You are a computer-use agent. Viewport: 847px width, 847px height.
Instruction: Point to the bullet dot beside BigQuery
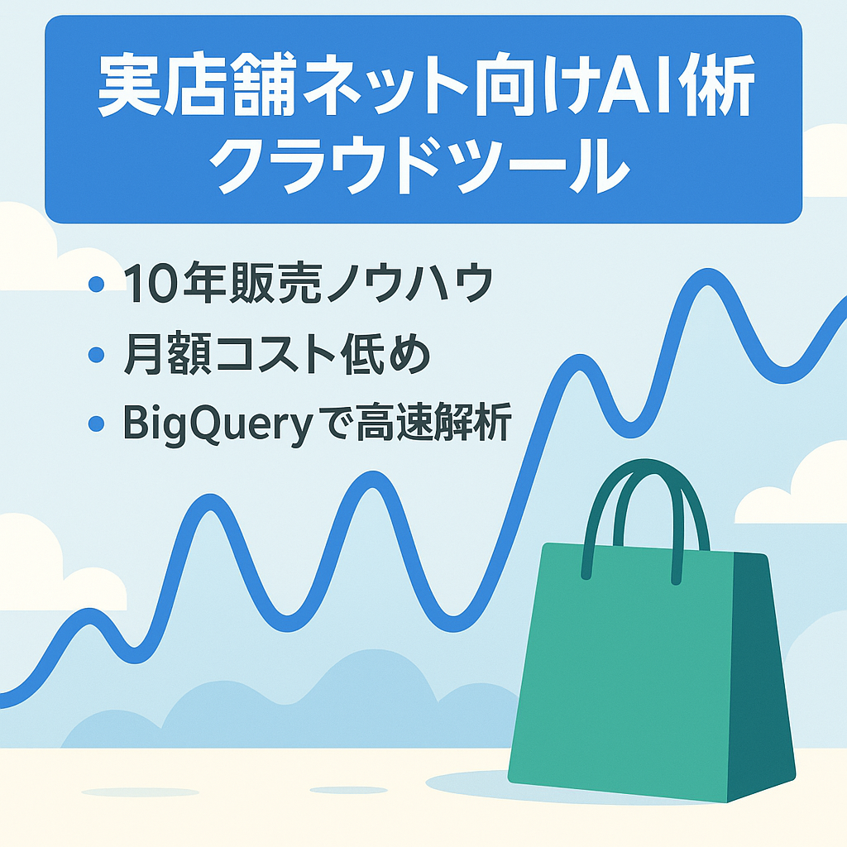pos(96,424)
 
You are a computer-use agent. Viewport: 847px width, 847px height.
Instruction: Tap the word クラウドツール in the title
pos(423,165)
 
